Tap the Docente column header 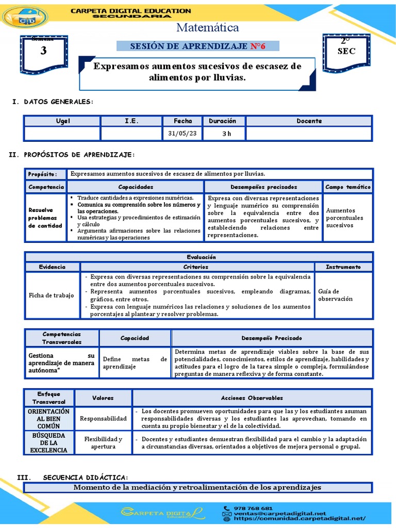[309, 121]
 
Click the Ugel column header [63, 121]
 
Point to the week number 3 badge [43, 51]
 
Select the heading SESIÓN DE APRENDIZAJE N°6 [198, 46]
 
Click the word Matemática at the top [208, 28]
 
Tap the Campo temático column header [348, 187]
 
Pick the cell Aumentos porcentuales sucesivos [344, 218]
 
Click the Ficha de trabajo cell [51, 295]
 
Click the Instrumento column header [343, 267]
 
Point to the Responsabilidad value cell [103, 419]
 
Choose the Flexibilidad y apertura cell [103, 443]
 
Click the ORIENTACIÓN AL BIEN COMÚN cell [48, 419]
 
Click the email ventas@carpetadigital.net [279, 514]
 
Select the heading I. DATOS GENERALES [53, 102]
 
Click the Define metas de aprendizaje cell [135, 362]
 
